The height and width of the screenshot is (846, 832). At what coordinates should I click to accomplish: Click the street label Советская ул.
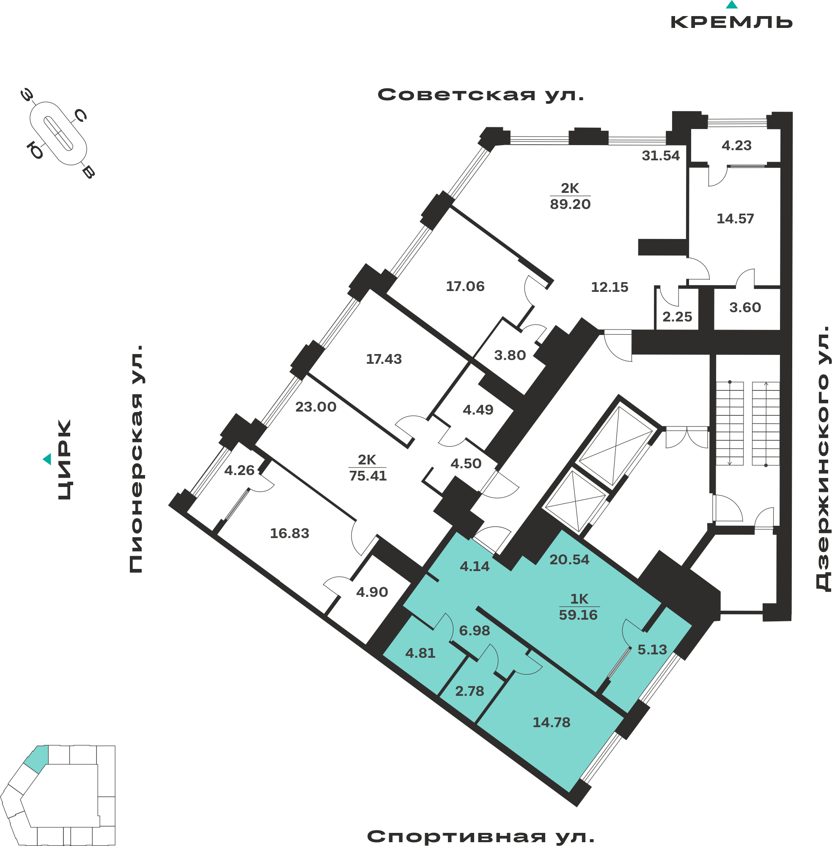[481, 94]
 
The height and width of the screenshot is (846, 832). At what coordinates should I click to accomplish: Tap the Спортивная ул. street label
[481, 836]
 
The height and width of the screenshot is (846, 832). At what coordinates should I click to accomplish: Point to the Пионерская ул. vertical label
[136, 459]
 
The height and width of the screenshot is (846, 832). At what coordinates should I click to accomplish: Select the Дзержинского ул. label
[823, 459]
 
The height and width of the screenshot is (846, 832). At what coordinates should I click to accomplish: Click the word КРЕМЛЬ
[731, 22]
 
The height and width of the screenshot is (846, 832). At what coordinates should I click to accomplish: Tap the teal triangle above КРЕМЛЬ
[732, 5]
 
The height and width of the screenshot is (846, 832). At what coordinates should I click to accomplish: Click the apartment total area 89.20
[570, 204]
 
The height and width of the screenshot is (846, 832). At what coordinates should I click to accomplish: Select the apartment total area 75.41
[368, 475]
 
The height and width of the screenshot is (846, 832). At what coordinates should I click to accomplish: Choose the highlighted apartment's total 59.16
[578, 615]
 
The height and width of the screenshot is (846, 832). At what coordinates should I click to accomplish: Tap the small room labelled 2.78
[470, 691]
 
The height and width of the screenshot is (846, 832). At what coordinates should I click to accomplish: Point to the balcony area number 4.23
[736, 145]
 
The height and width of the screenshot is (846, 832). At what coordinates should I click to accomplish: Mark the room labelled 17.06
[465, 286]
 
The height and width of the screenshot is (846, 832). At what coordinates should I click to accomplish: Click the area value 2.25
[677, 316]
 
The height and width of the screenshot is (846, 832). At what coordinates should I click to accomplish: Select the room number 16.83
[289, 533]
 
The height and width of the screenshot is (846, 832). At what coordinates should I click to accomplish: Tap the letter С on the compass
[80, 115]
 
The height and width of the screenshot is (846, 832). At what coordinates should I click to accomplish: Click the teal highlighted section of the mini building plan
[36, 758]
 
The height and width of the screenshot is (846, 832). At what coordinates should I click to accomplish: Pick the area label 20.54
[569, 559]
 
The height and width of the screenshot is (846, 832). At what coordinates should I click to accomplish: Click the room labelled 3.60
[745, 307]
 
